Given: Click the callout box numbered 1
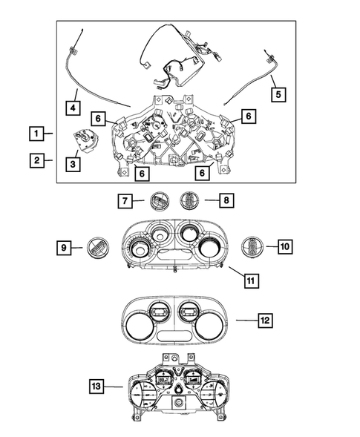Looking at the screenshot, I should pos(35,134).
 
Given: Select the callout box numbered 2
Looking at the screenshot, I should pos(35,160).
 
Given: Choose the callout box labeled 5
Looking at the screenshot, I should pos(278,94).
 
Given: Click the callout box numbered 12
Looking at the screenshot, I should pos(265,321).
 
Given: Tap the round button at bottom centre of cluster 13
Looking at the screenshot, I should pos(179,403).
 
